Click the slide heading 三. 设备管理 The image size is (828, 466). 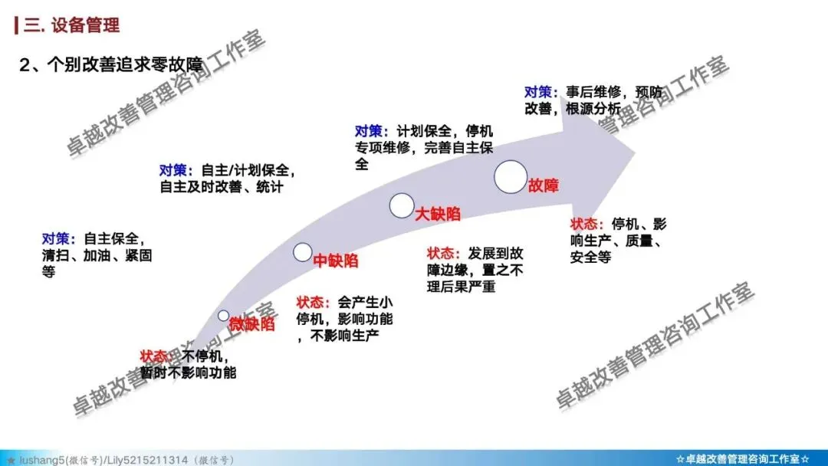tap(71, 25)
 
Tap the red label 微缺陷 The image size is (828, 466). tap(251, 323)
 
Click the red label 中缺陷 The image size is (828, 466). tap(336, 261)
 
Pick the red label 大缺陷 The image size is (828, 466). tap(438, 214)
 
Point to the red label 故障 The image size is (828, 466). tap(543, 185)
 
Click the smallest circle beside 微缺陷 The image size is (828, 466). tap(223, 315)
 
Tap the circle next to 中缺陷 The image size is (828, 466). tap(303, 252)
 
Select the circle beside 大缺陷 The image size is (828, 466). tap(401, 205)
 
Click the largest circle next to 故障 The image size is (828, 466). tap(511, 176)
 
